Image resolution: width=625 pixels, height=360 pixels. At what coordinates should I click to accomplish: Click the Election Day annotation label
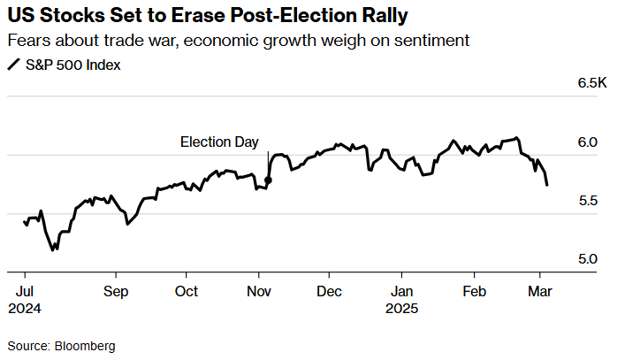(219, 142)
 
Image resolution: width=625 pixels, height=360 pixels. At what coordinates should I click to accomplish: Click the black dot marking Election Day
(269, 180)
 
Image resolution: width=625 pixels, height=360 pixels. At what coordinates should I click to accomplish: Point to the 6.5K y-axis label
(593, 83)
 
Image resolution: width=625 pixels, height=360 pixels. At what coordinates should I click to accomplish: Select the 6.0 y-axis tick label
(588, 142)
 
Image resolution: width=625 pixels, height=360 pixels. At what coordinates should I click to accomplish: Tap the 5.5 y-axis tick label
(588, 201)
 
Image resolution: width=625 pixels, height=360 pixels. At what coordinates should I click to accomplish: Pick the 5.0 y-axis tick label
(588, 259)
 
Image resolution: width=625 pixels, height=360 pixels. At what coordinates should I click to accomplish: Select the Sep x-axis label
(116, 291)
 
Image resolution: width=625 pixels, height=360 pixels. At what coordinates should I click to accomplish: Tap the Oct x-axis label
(187, 291)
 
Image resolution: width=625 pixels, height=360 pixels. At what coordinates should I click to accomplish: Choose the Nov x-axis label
(259, 291)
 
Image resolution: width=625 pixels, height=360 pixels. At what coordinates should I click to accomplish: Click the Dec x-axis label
(329, 291)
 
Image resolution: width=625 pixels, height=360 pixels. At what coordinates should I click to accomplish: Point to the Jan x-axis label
(401, 291)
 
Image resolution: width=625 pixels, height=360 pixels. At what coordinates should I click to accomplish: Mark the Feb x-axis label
(475, 291)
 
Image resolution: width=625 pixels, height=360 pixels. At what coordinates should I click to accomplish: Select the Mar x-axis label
(539, 291)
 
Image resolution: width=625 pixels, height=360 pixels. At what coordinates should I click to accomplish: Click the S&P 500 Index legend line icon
(13, 65)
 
